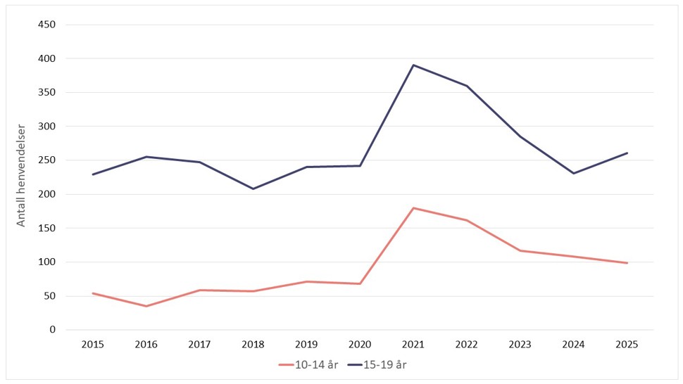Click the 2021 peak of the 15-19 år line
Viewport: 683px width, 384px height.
(x=413, y=65)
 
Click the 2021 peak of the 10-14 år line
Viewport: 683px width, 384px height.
(x=413, y=208)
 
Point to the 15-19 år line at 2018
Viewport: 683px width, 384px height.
(x=253, y=188)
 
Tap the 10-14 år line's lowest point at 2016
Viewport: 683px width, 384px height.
(x=146, y=306)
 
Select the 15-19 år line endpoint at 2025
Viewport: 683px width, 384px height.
(x=627, y=153)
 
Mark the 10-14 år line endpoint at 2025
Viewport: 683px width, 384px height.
(x=627, y=263)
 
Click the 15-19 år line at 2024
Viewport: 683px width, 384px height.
(x=573, y=173)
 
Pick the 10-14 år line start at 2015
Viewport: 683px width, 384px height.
(x=93, y=293)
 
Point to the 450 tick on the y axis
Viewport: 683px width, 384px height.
(x=47, y=25)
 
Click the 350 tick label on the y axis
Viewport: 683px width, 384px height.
(x=47, y=92)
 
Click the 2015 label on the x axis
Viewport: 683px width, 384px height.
(x=93, y=345)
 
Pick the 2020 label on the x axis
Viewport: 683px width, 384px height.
(x=360, y=345)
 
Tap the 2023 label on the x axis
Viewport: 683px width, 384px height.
(x=520, y=345)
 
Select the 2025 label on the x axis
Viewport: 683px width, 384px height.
(x=627, y=345)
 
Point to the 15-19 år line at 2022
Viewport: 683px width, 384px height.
(x=467, y=86)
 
